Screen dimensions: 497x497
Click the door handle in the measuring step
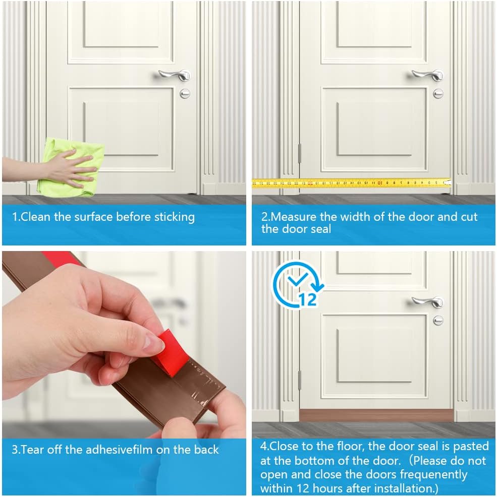click(427, 75)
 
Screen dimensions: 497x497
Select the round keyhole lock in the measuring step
click(438, 93)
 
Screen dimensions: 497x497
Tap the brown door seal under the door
click(376, 415)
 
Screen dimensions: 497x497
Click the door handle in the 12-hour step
click(427, 301)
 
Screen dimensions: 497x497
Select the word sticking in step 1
click(174, 217)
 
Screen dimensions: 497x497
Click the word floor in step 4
click(342, 446)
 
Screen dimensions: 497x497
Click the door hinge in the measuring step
click(299, 153)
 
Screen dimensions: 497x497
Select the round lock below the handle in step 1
click(185, 93)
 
